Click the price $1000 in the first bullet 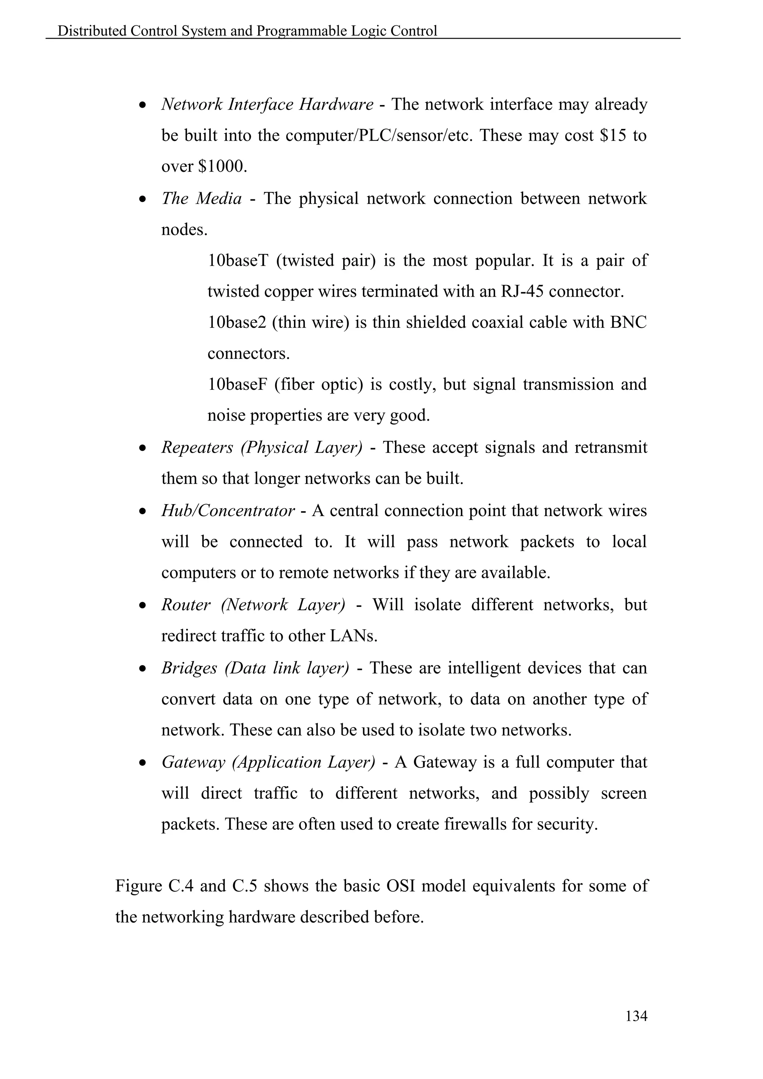coord(222,167)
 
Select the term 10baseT coord(237,260)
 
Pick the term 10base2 coord(237,322)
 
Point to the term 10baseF coord(237,385)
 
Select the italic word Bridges coord(189,668)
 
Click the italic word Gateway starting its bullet coord(193,762)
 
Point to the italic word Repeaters coord(197,447)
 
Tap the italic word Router coord(186,604)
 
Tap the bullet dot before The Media coord(143,199)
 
